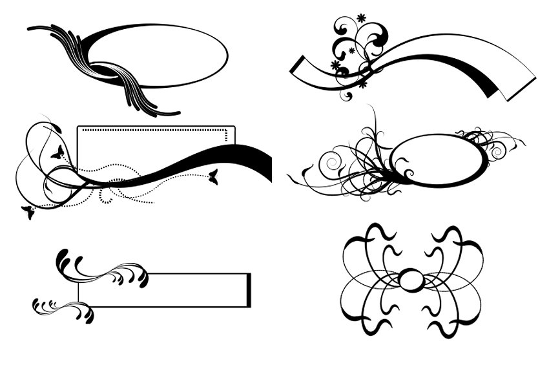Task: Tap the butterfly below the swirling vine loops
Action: [x=28, y=212]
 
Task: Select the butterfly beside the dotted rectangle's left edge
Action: [x=57, y=152]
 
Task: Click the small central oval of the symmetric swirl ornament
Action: [x=411, y=280]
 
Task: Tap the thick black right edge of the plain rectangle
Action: [x=249, y=290]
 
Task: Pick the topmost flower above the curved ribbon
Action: [x=360, y=17]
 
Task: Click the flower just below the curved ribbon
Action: [x=362, y=83]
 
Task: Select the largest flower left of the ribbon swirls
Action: [x=335, y=65]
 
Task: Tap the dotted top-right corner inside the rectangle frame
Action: [x=227, y=132]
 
